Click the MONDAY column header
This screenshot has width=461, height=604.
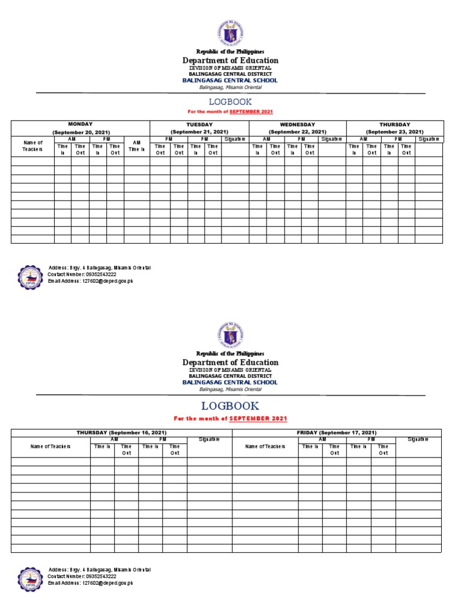tap(80, 124)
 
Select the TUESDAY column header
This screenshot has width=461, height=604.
tap(199, 124)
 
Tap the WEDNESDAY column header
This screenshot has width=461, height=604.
tap(297, 124)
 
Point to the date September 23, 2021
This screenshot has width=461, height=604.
tap(394, 132)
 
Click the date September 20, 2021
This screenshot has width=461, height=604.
tap(80, 132)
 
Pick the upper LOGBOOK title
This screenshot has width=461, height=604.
tap(230, 102)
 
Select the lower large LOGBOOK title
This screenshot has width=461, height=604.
tap(230, 406)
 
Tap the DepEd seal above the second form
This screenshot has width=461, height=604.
tap(230, 334)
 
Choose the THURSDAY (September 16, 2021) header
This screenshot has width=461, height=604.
tap(121, 433)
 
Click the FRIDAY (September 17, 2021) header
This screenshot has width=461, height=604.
tap(336, 433)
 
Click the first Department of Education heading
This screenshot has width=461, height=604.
tap(230, 61)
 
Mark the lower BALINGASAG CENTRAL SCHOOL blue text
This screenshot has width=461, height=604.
tap(230, 382)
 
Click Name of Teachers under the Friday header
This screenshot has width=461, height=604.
tap(265, 446)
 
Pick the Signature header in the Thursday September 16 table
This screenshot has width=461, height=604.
tap(209, 439)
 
